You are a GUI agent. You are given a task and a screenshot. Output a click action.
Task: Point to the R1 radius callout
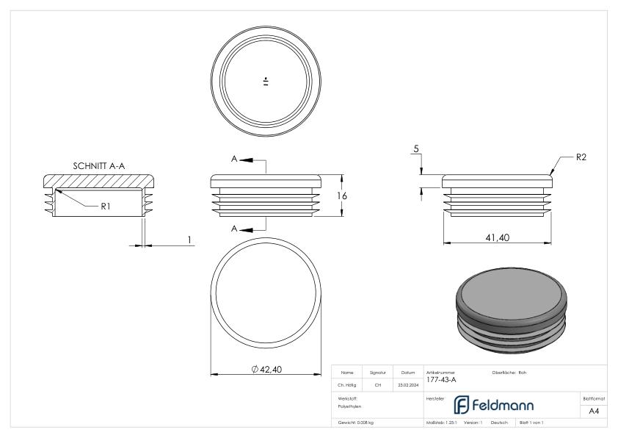(106, 207)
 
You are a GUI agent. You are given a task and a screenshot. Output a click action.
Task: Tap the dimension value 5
(416, 149)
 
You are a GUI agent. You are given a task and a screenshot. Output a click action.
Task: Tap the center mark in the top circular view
(265, 81)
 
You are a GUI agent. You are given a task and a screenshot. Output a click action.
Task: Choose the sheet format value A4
(595, 412)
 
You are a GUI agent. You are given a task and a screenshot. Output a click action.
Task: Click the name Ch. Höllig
(348, 384)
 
